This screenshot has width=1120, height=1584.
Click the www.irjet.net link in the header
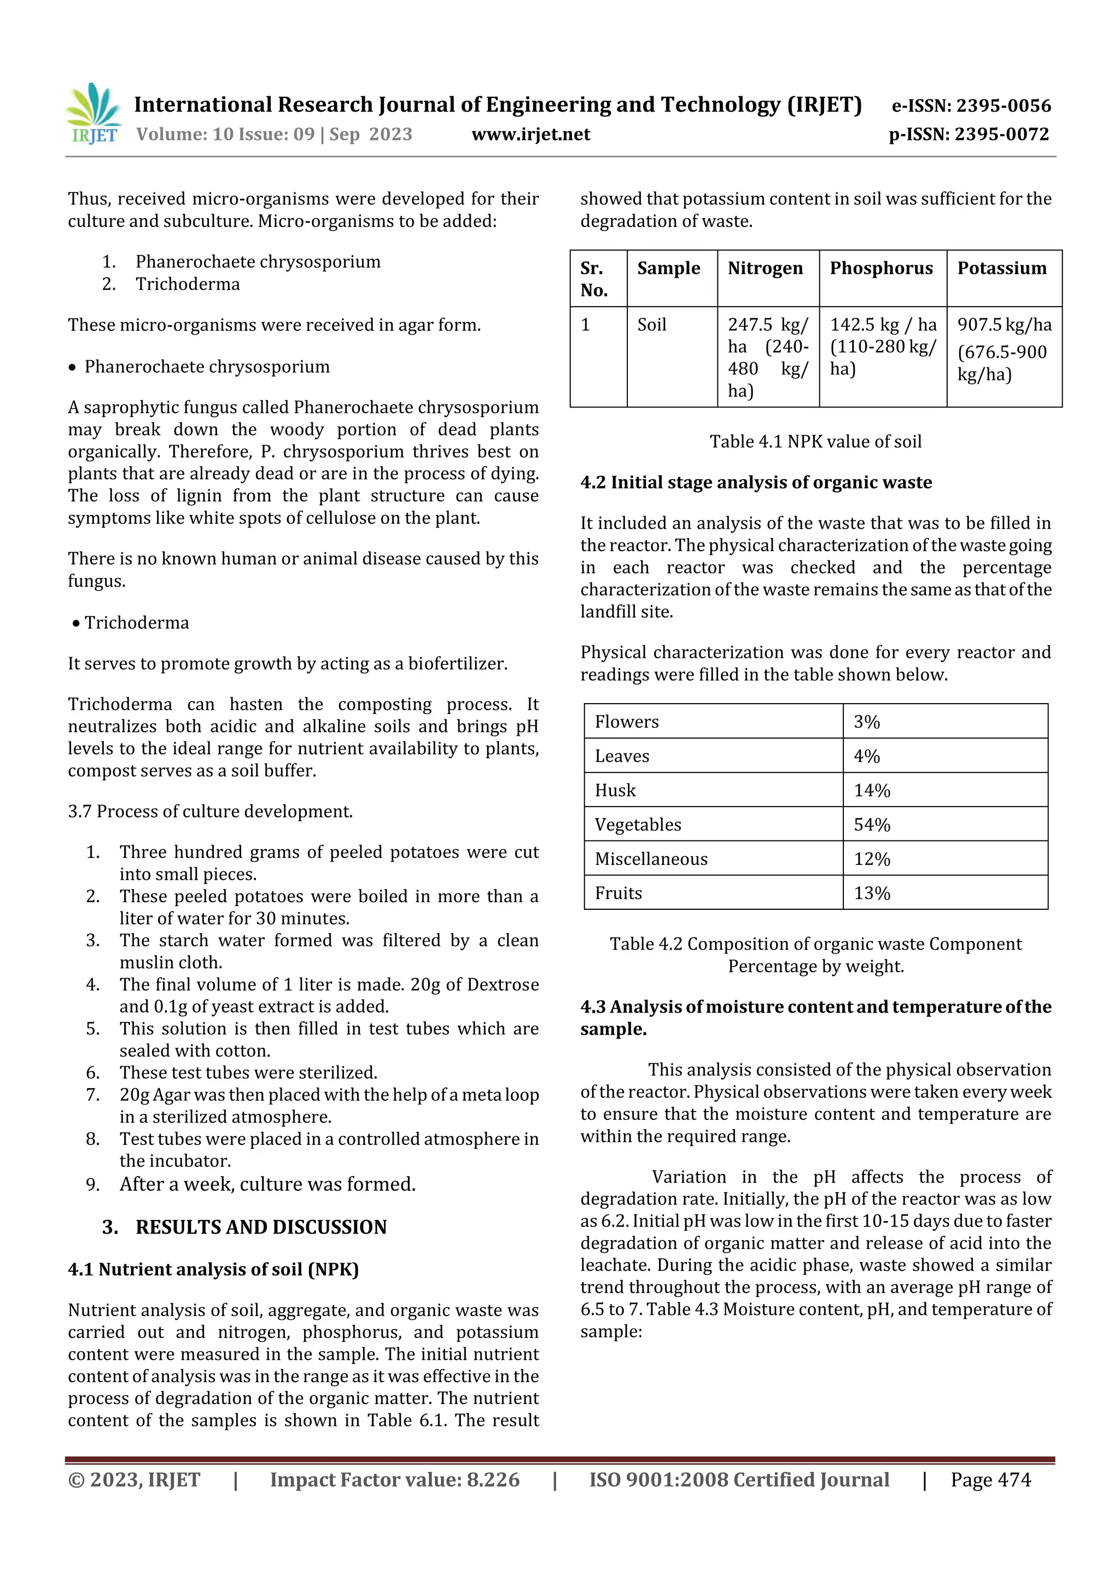pos(530,134)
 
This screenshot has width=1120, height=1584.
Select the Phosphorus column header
pos(880,268)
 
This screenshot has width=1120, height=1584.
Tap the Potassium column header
pos(1001,268)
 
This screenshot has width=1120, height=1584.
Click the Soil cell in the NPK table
pos(651,325)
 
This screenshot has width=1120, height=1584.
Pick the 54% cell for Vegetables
pos(872,825)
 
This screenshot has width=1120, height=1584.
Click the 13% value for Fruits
pos(872,893)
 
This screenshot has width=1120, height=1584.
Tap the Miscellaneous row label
pos(651,859)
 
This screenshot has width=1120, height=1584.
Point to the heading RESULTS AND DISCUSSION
pos(260,1226)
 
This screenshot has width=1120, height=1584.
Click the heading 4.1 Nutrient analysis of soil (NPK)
pos(213,1270)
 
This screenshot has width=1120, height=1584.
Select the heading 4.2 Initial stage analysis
pos(756,482)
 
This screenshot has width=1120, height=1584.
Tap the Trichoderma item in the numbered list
pos(188,284)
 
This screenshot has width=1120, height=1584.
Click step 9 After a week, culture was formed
pos(267,1184)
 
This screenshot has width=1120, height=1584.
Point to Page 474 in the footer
pos(990,1479)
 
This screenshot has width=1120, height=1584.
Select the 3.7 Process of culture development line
pos(210,811)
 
